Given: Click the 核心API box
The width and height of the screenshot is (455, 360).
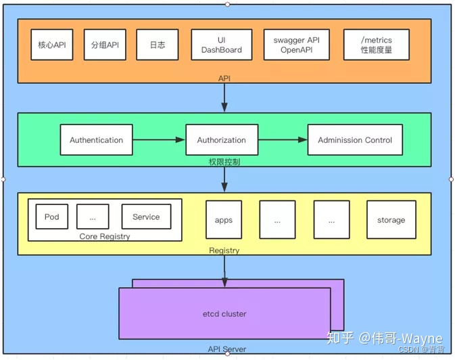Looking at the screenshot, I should point(52,45).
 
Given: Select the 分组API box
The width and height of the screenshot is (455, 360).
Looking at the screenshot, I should point(105,45).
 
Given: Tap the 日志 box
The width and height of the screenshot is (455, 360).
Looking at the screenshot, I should point(157,45).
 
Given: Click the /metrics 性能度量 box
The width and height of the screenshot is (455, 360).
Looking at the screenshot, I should point(377,45).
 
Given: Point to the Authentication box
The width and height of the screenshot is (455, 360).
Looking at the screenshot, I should point(96,140).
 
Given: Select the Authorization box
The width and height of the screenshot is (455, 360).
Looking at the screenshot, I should point(221,140).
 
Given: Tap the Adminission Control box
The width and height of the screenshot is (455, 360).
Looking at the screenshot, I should point(355,140).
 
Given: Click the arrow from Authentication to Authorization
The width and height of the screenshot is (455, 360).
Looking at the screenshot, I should point(159,140).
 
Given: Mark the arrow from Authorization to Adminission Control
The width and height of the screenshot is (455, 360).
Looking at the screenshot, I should point(283,140).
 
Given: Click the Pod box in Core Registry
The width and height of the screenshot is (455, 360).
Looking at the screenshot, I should point(51,217).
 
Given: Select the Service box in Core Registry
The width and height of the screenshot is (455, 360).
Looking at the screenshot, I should point(146,217).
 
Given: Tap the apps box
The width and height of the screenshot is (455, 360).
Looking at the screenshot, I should point(223,220).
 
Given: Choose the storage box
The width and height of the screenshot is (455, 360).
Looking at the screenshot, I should point(391,220).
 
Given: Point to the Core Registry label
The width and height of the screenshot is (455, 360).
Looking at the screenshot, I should point(105,237).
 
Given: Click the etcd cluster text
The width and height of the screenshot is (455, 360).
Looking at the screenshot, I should point(224,314).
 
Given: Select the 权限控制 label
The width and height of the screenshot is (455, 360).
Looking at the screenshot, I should point(224,162).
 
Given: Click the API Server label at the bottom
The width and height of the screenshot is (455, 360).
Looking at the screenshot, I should point(226,349).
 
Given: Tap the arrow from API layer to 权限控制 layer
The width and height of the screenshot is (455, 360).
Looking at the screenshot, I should point(224,98).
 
